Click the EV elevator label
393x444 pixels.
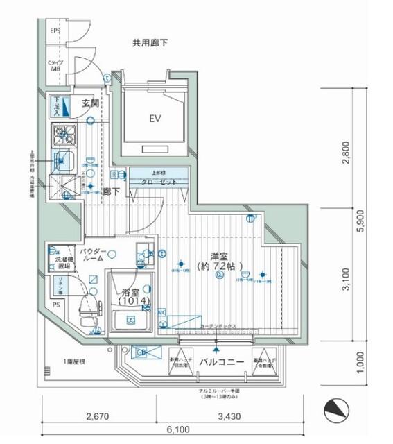pyautogui.click(x=155, y=119)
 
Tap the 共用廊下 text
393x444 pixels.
pyautogui.click(x=150, y=43)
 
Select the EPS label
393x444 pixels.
pyautogui.click(x=55, y=31)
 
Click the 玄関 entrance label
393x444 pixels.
pyautogui.click(x=90, y=103)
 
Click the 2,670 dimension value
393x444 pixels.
pyautogui.click(x=98, y=416)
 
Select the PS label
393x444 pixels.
pyautogui.click(x=55, y=303)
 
